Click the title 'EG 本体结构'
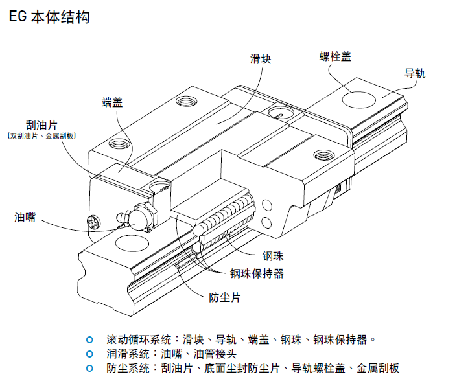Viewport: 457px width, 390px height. coord(49,17)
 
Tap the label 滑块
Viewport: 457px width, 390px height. coord(261,59)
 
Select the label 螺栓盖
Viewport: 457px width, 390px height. coord(335,56)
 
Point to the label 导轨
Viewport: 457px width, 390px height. coord(414,73)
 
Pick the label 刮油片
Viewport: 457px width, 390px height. coord(41,124)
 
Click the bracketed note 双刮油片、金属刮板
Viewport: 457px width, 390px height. coord(41,137)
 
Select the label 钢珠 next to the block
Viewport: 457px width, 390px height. coord(273,256)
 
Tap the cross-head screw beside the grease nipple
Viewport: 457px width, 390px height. coord(93,223)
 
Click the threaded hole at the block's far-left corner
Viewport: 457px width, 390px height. coord(189,101)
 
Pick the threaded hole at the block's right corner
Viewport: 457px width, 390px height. coord(323,154)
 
